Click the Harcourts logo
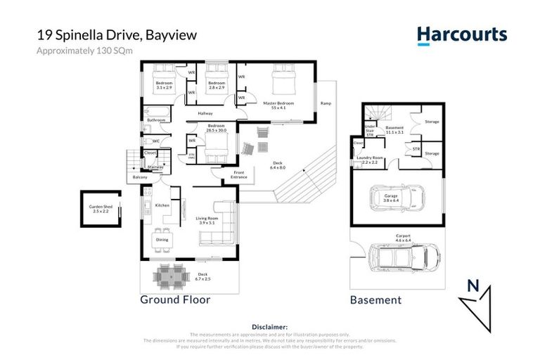tap(461, 35)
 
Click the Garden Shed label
tap(100, 208)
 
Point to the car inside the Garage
tap(398, 199)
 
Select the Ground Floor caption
tap(175, 300)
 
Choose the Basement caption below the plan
tap(375, 300)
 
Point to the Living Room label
tap(207, 219)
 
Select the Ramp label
tap(326, 103)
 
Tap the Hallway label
tap(205, 113)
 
